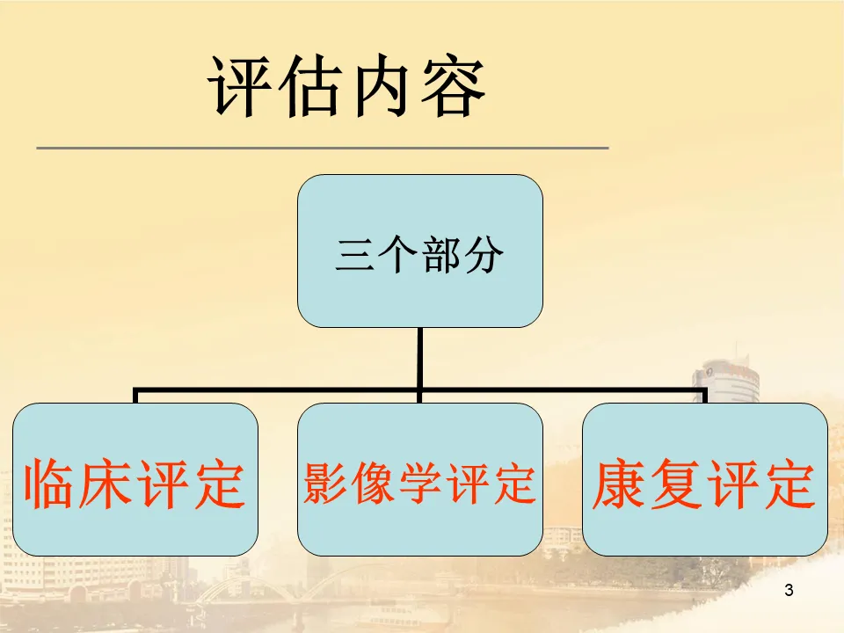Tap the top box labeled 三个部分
tap(419, 251)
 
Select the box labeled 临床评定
tap(135, 479)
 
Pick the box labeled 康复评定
tap(704, 479)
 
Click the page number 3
tap(788, 591)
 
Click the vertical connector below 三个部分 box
tap(419, 356)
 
